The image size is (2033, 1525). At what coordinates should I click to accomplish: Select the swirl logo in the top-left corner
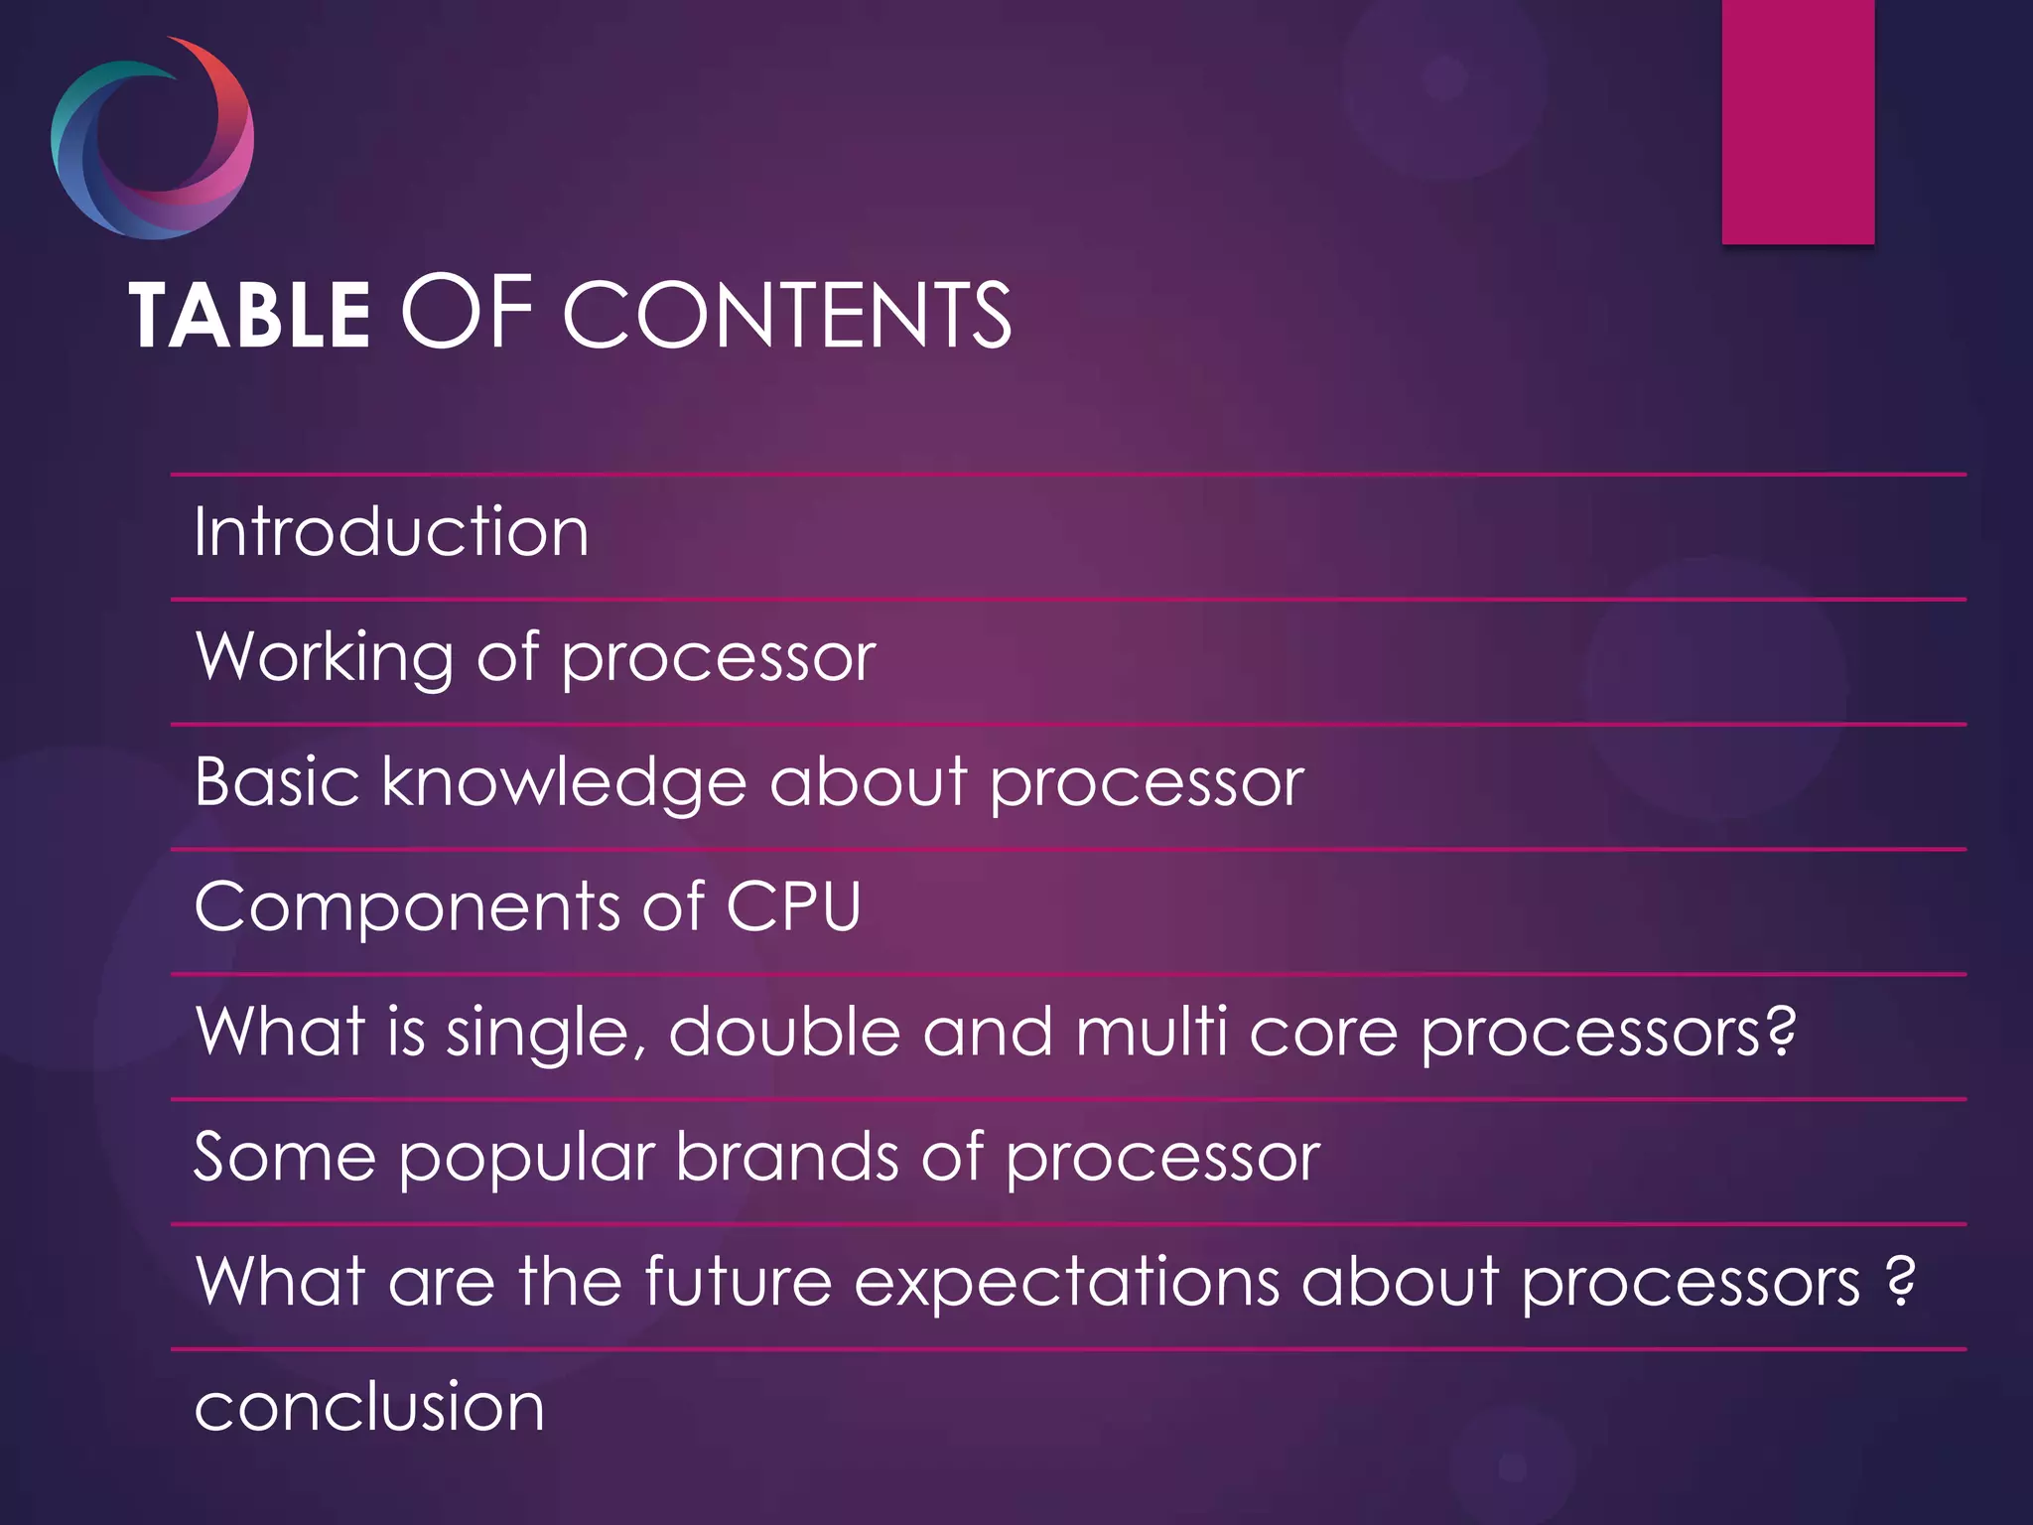(152, 138)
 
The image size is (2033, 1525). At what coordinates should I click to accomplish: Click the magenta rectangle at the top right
(1798, 121)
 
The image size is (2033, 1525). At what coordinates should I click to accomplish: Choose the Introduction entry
(391, 532)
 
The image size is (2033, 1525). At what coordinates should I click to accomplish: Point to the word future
(738, 1281)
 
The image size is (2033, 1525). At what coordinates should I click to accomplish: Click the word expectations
(1066, 1283)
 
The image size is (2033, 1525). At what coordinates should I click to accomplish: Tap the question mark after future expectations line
(1899, 1281)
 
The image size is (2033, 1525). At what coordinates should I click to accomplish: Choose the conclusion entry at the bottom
(369, 1407)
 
